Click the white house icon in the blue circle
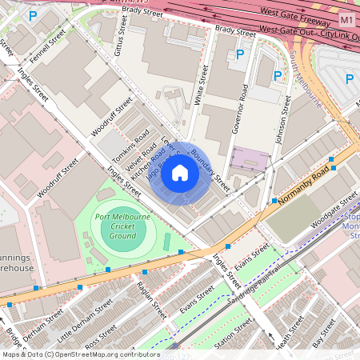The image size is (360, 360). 180,173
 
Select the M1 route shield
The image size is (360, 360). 346,18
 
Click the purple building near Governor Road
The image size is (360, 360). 246,158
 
